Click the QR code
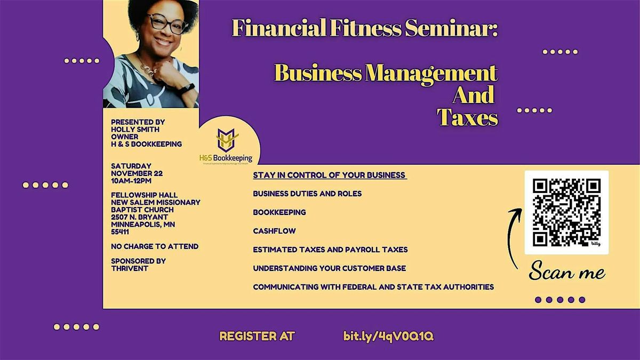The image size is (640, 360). [566, 212]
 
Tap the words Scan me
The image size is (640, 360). [567, 273]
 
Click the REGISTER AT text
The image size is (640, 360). [257, 337]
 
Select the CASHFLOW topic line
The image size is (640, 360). [274, 231]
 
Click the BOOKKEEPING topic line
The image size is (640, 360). [279, 212]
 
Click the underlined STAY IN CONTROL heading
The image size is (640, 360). [330, 175]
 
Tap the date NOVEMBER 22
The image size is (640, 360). [137, 173]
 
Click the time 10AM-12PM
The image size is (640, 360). [131, 181]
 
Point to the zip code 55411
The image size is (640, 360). [120, 232]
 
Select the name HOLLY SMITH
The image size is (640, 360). [135, 129]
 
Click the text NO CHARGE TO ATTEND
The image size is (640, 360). [155, 246]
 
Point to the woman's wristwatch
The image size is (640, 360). [186, 88]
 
